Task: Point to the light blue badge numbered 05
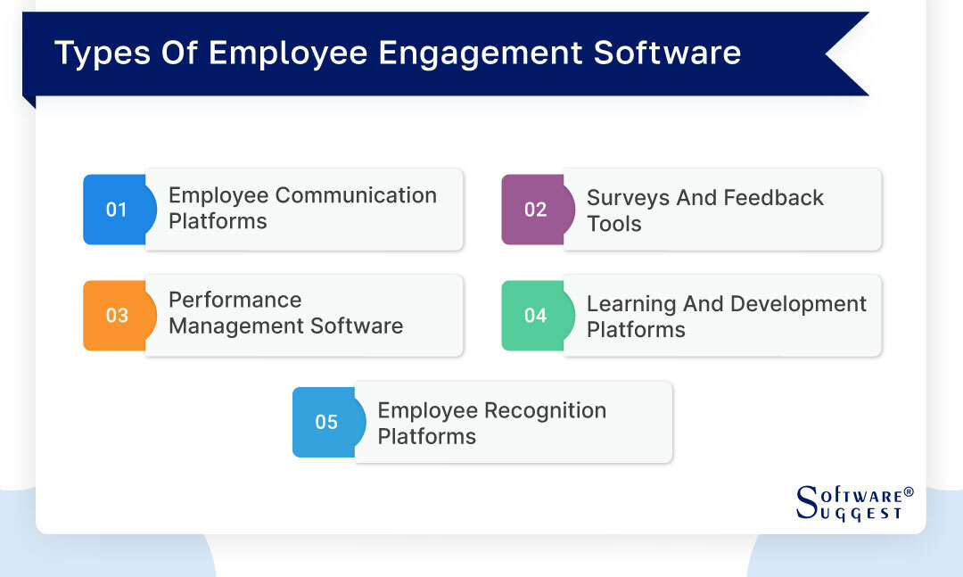(326, 422)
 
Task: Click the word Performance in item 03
(235, 301)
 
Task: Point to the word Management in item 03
(225, 326)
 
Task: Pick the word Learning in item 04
(631, 304)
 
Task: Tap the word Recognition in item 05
(544, 410)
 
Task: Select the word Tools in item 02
(613, 224)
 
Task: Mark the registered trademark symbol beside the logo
(909, 491)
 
